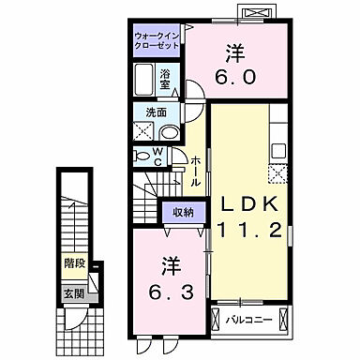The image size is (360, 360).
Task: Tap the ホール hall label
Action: [x=194, y=172]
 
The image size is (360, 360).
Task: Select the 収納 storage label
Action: [x=183, y=212]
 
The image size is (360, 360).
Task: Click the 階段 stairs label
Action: [x=74, y=265]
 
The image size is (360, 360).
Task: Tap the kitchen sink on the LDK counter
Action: [x=278, y=150]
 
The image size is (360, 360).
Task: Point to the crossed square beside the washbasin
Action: [x=142, y=131]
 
